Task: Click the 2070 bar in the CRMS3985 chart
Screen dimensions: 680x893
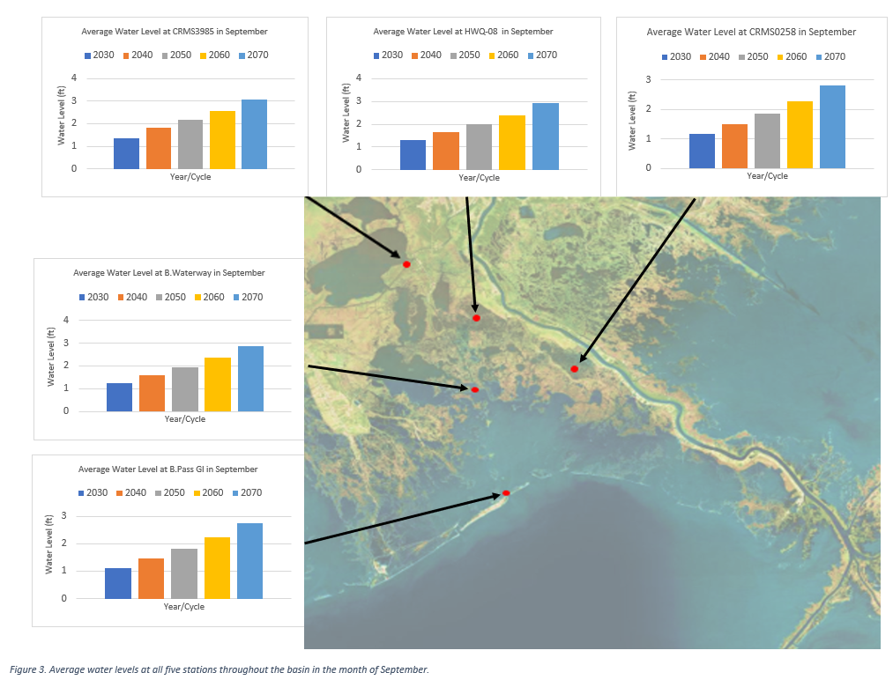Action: pyautogui.click(x=254, y=134)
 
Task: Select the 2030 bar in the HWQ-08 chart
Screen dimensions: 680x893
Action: pyautogui.click(x=413, y=154)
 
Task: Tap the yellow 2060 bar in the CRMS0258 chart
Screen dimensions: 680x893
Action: pyautogui.click(x=800, y=135)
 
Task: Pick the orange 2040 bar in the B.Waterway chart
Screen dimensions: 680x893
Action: pyautogui.click(x=152, y=393)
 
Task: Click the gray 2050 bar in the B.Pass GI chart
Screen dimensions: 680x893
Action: pyautogui.click(x=184, y=573)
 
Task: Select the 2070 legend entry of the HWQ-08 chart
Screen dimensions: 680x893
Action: pyautogui.click(x=540, y=55)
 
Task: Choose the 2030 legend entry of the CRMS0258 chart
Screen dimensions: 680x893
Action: pyautogui.click(x=674, y=56)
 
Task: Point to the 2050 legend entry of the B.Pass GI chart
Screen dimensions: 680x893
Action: pyautogui.click(x=168, y=492)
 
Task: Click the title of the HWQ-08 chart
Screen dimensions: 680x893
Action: pyautogui.click(x=463, y=32)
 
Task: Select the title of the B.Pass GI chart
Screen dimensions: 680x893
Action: pyautogui.click(x=167, y=469)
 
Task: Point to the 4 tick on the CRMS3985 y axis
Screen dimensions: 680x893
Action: pyautogui.click(x=99, y=78)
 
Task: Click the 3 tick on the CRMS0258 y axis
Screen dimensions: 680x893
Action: pyautogui.click(x=648, y=79)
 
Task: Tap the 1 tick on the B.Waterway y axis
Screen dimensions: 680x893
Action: pyautogui.click(x=90, y=388)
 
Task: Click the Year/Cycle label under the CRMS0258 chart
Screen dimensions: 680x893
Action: pyautogui.click(x=767, y=176)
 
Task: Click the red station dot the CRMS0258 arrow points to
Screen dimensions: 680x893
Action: pyautogui.click(x=574, y=369)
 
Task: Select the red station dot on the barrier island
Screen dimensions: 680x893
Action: pyautogui.click(x=506, y=493)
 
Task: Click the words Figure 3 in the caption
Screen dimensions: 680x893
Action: pyautogui.click(x=26, y=669)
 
